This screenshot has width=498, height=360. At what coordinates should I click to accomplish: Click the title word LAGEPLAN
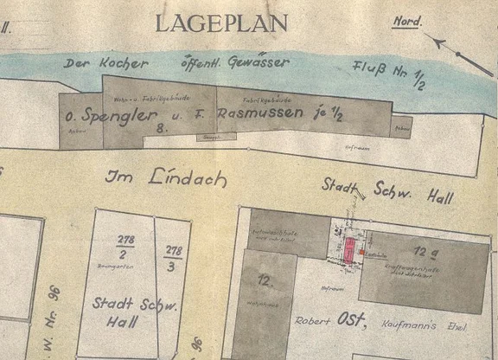(221, 23)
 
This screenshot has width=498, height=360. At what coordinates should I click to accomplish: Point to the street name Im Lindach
(166, 178)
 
